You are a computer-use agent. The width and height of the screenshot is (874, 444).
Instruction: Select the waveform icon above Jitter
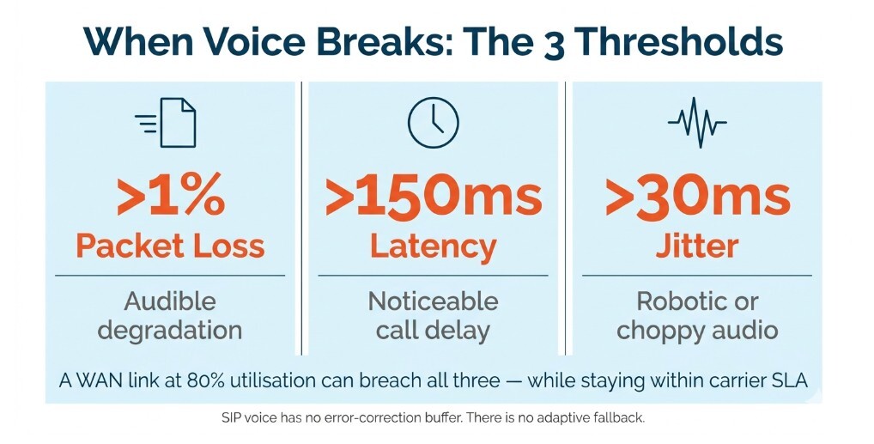point(696,123)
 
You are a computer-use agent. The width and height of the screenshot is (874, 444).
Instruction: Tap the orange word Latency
point(433,246)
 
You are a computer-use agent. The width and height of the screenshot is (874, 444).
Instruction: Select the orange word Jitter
point(696,246)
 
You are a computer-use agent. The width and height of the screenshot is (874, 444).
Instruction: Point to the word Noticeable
point(433,301)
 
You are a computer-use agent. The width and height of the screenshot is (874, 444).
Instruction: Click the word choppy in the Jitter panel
point(659,330)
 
